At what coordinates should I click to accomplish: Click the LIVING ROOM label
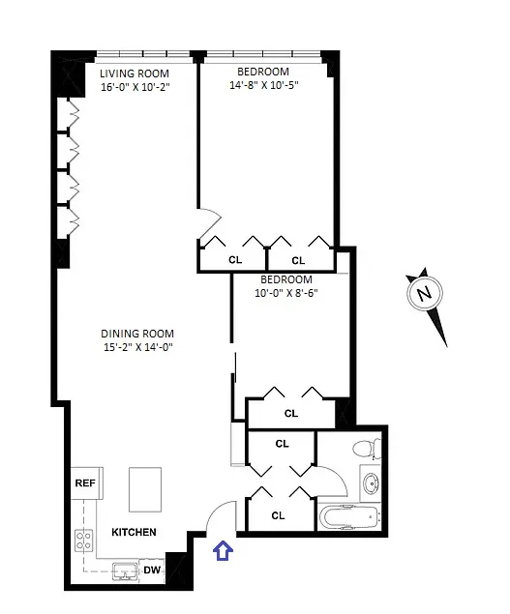click(135, 73)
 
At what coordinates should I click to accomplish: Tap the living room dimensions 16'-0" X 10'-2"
click(135, 87)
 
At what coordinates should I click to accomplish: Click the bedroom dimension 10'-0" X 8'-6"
click(285, 293)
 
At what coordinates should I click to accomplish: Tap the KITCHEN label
click(134, 533)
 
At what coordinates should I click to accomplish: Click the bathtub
click(349, 517)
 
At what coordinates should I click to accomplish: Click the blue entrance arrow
click(223, 551)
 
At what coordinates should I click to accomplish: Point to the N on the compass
click(422, 294)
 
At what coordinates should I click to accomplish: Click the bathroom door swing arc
click(329, 480)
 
